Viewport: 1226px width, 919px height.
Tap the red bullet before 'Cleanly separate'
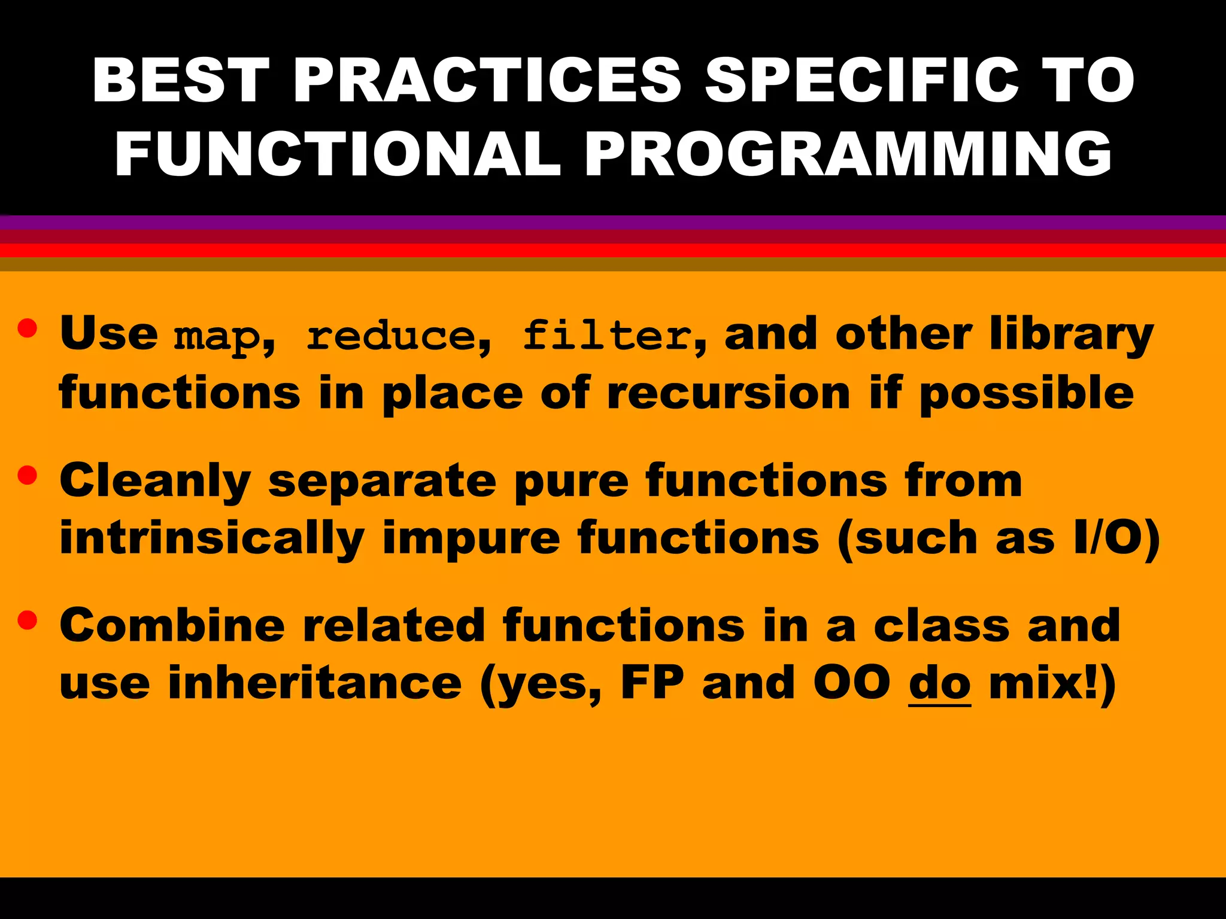(x=28, y=475)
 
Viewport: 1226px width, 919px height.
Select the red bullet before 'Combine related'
(x=28, y=620)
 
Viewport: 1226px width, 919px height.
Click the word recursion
(x=728, y=394)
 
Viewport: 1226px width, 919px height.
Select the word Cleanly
(x=155, y=482)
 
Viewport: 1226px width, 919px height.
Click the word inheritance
(x=315, y=683)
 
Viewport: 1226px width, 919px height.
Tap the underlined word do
(x=939, y=683)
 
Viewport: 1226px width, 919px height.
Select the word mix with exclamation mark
(x=1044, y=683)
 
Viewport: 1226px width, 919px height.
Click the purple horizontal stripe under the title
(x=613, y=223)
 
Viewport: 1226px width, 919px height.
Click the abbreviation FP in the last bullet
(x=652, y=683)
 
